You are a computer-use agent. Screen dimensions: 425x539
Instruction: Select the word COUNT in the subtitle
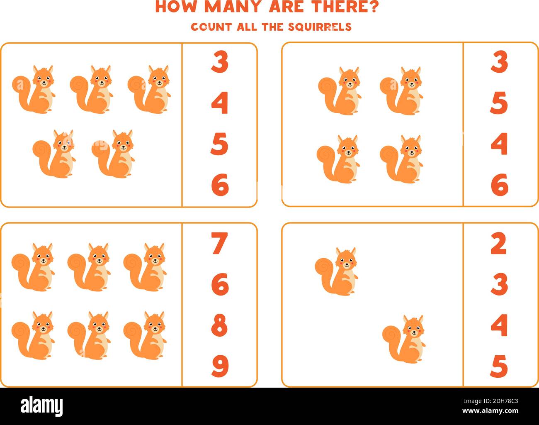click(211, 27)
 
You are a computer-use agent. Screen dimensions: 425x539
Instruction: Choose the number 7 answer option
click(220, 244)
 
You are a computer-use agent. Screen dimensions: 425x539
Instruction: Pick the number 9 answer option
click(220, 366)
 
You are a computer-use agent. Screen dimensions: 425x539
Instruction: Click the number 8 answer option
click(220, 325)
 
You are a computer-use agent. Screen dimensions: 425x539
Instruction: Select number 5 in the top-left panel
click(220, 144)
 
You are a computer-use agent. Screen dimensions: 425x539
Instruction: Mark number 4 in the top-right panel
click(499, 144)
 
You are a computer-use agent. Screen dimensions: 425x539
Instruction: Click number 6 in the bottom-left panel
click(220, 284)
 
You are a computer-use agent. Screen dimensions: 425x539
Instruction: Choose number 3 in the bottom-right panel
click(499, 284)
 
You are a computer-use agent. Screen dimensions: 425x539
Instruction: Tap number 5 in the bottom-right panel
click(499, 366)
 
